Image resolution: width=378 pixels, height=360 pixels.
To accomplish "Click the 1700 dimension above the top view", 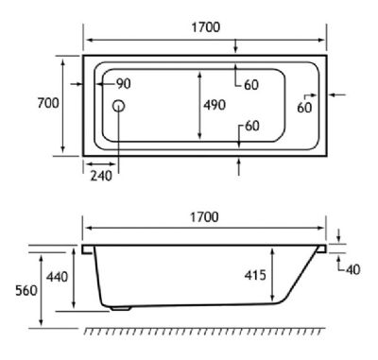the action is [206, 27].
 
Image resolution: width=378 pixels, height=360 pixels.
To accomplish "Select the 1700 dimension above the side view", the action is [204, 217].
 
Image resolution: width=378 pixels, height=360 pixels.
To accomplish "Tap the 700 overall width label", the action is [48, 103].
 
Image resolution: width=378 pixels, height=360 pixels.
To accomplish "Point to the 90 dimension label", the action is [124, 84].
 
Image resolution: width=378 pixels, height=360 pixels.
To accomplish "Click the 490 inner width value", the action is [215, 105].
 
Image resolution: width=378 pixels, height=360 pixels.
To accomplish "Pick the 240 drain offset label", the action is [101, 176].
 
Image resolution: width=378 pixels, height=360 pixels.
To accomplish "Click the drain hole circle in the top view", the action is [118, 107].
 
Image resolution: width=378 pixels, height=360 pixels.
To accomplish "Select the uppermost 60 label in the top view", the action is [251, 85].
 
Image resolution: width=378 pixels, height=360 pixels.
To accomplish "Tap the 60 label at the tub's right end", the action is [304, 108].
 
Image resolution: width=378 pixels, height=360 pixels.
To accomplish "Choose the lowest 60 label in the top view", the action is [252, 126].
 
